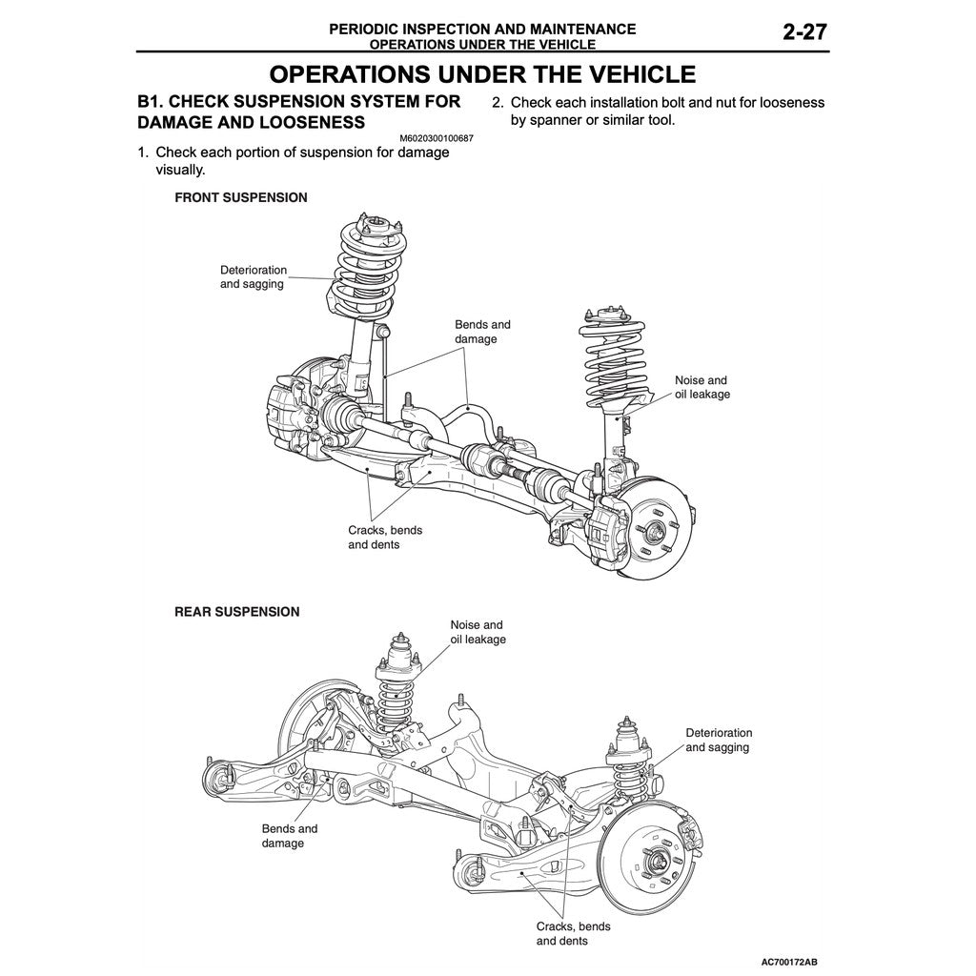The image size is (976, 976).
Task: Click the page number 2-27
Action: click(804, 31)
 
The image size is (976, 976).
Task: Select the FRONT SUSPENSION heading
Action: click(240, 198)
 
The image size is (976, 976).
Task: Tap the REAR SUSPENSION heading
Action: click(236, 612)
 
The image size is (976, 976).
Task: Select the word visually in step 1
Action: click(180, 170)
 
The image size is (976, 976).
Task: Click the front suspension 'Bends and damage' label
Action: click(482, 332)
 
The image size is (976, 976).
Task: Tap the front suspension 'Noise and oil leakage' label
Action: click(701, 387)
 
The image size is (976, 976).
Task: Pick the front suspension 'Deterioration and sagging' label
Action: click(253, 277)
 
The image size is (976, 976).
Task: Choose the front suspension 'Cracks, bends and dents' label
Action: click(384, 537)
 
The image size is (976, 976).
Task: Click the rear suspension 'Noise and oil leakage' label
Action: click(478, 632)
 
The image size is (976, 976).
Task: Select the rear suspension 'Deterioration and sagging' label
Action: click(718, 740)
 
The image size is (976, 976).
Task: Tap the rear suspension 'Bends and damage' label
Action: click(289, 836)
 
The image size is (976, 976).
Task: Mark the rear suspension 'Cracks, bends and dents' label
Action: click(573, 933)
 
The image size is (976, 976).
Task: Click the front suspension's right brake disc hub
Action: click(657, 533)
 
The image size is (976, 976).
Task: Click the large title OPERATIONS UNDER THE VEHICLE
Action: click(481, 74)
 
